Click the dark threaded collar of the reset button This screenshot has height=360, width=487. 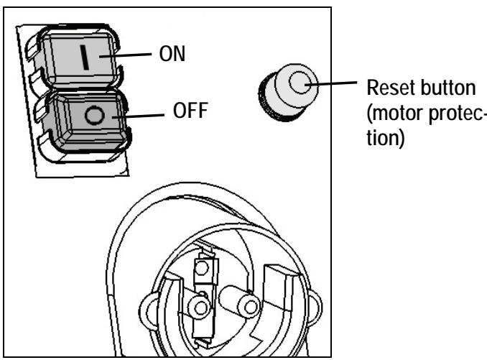pyautogui.click(x=274, y=101)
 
